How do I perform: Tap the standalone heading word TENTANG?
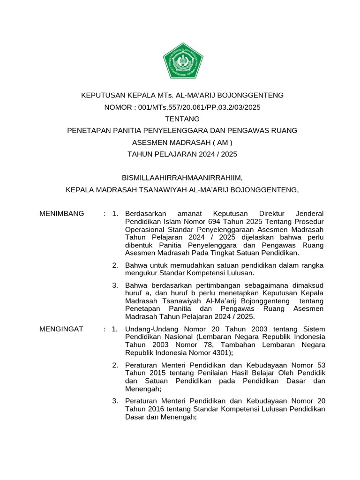tap(183, 119)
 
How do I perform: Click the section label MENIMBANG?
tap(62, 214)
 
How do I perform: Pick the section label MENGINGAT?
tap(62, 329)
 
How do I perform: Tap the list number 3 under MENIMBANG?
tap(115, 285)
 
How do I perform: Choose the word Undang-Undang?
tap(149, 329)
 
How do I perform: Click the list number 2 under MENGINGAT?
tap(115, 365)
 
